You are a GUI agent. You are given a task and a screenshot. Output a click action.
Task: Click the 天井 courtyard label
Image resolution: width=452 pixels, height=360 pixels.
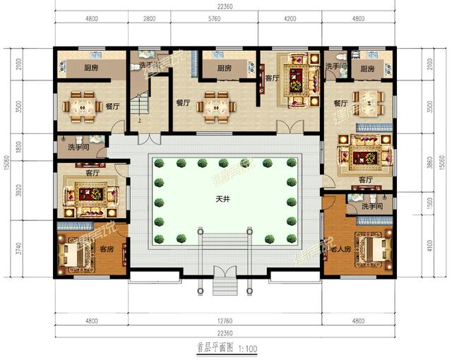(x=222, y=200)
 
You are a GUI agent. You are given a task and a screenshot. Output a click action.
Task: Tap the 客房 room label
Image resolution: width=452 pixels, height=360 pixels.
(x=107, y=249)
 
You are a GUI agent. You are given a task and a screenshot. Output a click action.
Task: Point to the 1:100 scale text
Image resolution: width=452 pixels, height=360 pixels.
(x=246, y=348)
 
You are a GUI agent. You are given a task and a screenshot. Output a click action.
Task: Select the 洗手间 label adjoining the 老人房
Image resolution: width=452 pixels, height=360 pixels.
(x=371, y=206)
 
